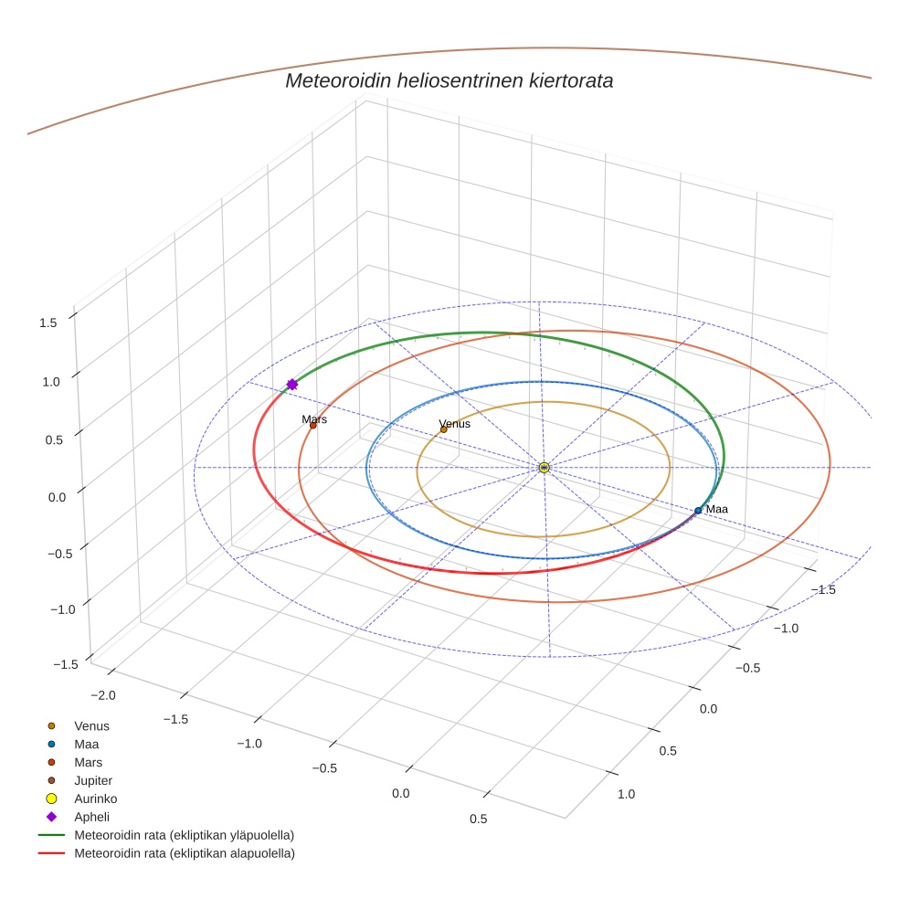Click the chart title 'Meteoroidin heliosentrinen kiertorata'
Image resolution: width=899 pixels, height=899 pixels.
pyautogui.click(x=449, y=80)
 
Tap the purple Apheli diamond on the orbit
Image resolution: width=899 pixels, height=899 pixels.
pyautogui.click(x=292, y=385)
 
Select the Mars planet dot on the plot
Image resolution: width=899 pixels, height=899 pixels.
pyautogui.click(x=312, y=426)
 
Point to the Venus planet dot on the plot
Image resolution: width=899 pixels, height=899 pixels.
pyautogui.click(x=444, y=429)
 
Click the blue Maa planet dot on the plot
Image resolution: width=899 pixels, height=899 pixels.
pyautogui.click(x=698, y=511)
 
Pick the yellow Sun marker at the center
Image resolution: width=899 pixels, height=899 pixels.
pyautogui.click(x=544, y=468)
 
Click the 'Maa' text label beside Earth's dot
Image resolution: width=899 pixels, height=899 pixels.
pyautogui.click(x=717, y=509)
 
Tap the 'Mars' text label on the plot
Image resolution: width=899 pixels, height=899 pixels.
pyautogui.click(x=314, y=419)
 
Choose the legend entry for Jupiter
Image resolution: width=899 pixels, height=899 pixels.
pyautogui.click(x=93, y=780)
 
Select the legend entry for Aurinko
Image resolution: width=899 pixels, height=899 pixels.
pyautogui.click(x=95, y=799)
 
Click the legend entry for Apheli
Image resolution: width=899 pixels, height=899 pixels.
pyautogui.click(x=91, y=817)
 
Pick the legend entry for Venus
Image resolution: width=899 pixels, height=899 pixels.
pyautogui.click(x=91, y=725)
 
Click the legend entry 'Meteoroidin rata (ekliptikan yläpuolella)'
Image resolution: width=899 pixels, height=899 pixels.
pyautogui.click(x=185, y=835)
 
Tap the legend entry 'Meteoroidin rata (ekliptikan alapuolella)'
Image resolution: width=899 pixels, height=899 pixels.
pyautogui.click(x=185, y=853)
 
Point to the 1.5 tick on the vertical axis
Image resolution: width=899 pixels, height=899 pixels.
pyautogui.click(x=48, y=322)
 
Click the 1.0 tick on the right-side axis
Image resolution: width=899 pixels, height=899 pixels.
pyautogui.click(x=626, y=794)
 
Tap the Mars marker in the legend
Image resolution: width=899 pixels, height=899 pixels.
pyautogui.click(x=51, y=762)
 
